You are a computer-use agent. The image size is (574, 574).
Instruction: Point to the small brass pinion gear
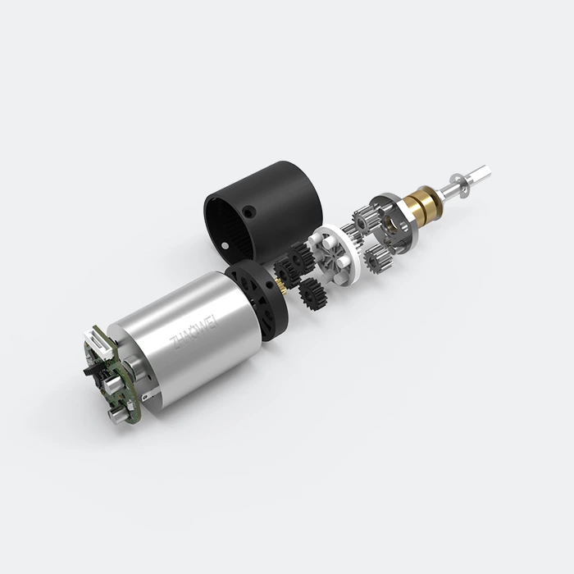pos(283,285)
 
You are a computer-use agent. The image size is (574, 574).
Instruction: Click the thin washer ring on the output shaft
pos(460,181)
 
